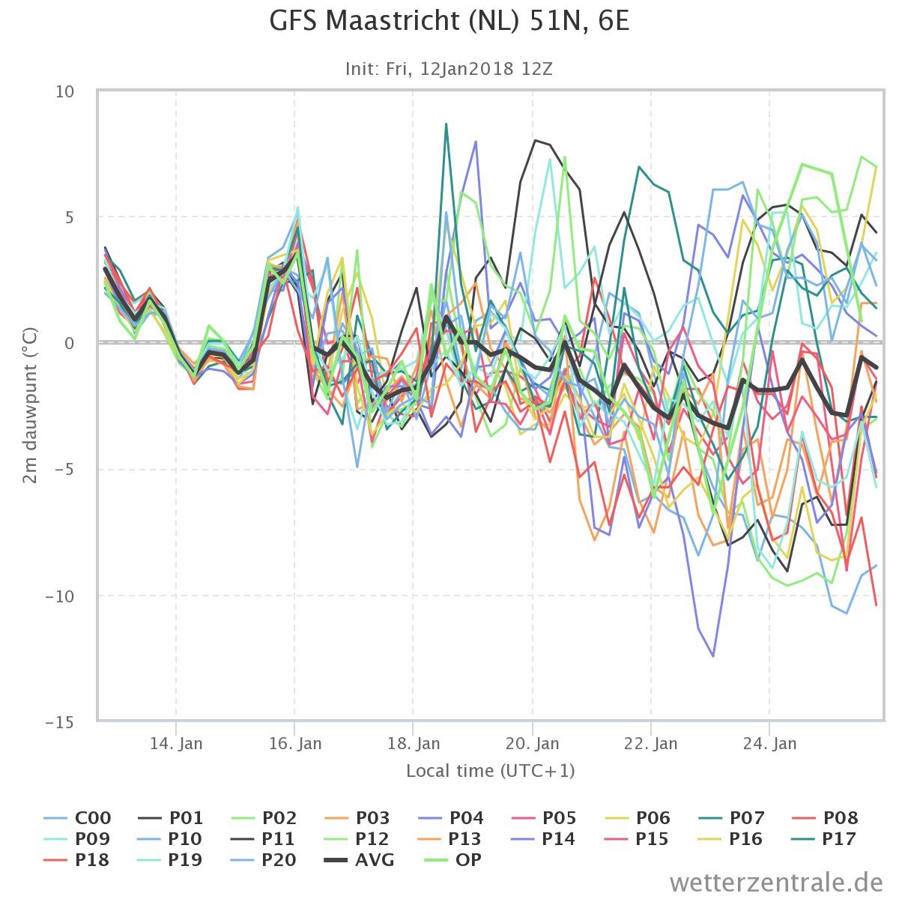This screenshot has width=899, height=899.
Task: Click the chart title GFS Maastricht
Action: tap(449, 22)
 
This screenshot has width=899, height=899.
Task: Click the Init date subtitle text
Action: tap(449, 69)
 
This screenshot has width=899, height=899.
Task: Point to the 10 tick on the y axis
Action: tap(65, 92)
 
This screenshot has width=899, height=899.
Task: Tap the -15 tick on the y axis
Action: tap(60, 723)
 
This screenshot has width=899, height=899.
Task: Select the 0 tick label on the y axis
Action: tap(70, 343)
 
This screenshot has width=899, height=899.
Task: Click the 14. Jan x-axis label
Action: tap(176, 744)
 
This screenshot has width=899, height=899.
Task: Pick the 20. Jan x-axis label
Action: tap(533, 744)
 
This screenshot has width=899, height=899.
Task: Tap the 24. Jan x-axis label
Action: tap(770, 744)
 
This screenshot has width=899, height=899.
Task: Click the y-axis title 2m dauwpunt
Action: tap(30, 406)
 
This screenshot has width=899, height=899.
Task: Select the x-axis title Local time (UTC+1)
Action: tap(490, 771)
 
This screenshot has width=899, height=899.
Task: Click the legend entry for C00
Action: tap(77, 818)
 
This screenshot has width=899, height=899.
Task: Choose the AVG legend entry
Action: tap(360, 859)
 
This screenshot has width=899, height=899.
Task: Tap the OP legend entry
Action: tap(452, 859)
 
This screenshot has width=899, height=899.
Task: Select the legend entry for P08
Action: tap(825, 818)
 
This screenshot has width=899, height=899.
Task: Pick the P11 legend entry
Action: tap(263, 839)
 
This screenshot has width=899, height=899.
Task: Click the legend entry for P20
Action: tap(264, 859)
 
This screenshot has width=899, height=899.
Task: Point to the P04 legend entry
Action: tap(451, 818)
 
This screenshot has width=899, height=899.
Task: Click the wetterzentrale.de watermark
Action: tap(776, 883)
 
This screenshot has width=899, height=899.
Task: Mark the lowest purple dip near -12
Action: tap(713, 656)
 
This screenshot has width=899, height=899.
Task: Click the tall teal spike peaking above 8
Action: tap(446, 124)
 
